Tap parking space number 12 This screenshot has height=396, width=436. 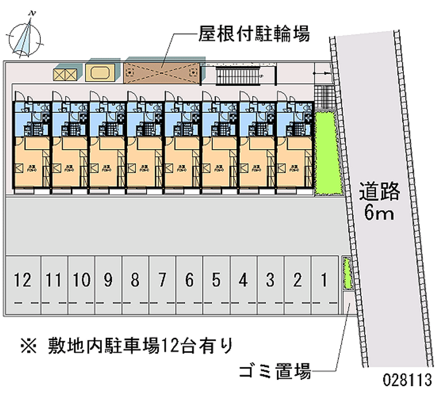pos(23,281)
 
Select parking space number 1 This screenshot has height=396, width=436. pos(324,281)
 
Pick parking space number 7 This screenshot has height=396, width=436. pos(162,281)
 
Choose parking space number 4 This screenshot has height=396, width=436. pos(243,281)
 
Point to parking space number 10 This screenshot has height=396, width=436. pos(81,281)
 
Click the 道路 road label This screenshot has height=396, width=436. pos(380,192)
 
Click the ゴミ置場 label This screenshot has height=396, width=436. pos(275,373)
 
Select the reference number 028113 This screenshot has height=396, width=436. pos(407,380)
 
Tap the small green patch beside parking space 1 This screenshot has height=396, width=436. pos(347,276)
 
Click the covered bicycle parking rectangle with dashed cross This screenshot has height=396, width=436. pos(162,71)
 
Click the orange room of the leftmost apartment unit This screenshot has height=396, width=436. pos(31,163)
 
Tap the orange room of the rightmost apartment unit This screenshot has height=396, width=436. pos(294,163)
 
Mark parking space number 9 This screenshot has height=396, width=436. pos(108,281)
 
